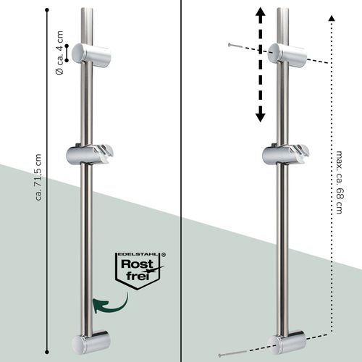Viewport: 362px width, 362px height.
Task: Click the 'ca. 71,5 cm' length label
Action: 38,177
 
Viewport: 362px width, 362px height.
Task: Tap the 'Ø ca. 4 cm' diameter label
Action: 59,53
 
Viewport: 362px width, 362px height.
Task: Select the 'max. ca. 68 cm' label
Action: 340,182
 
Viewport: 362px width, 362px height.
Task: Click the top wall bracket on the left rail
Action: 91,55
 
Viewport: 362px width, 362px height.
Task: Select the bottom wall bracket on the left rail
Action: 91,342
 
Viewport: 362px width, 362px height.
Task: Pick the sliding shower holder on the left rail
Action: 90,154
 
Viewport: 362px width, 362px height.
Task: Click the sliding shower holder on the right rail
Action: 286,154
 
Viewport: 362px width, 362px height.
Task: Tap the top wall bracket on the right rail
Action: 287,55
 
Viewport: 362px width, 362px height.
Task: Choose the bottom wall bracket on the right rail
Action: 287,342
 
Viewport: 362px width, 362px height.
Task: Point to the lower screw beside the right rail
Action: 232,353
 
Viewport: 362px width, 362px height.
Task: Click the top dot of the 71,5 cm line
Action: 47,10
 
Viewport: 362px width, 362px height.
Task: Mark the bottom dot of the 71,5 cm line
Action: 47,352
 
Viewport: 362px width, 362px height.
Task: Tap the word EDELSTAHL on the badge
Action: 138,254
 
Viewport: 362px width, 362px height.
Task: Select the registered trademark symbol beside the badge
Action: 164,254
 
